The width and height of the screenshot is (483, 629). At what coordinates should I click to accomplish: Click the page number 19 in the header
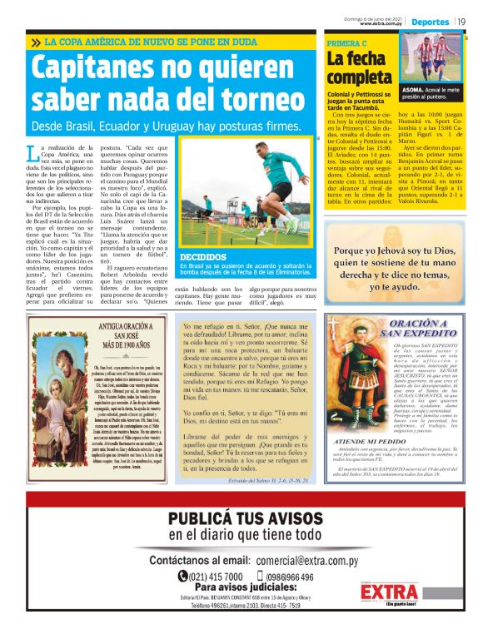coord(461,21)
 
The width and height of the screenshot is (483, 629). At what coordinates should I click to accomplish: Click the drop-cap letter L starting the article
coord(32,151)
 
